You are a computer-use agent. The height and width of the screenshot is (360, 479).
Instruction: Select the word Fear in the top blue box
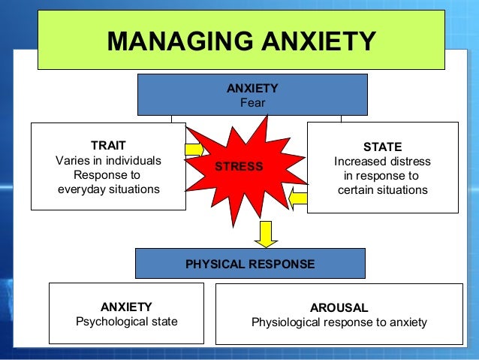point(252,102)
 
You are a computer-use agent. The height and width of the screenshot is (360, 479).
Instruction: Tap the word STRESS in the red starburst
point(239,166)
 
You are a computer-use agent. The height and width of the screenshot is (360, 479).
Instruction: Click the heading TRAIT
point(108,145)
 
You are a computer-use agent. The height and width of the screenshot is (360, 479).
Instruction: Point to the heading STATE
point(382,147)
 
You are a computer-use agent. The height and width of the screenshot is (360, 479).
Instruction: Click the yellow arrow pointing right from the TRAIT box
point(194,150)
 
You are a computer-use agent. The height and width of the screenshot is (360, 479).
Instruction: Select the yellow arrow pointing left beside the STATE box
point(299,199)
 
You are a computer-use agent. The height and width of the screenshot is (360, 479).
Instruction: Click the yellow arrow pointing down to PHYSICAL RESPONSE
point(265,234)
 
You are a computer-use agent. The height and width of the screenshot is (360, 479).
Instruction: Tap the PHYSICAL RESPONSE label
point(250,264)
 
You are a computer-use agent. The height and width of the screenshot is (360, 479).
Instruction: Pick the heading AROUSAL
point(339,308)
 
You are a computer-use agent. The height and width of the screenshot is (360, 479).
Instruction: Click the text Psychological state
point(127,322)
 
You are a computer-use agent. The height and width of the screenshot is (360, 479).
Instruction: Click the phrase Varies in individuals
point(108,160)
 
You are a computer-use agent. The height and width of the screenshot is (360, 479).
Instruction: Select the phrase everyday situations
point(109,189)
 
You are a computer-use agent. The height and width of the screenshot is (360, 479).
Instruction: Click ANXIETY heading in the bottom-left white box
point(126,307)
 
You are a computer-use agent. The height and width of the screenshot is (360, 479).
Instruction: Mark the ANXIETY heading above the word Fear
point(252,88)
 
